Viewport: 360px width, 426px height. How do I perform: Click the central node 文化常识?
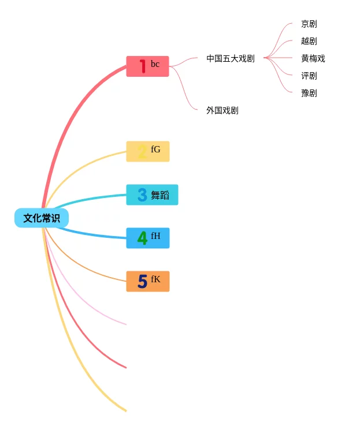(42, 218)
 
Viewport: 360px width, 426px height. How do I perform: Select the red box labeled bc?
(148, 66)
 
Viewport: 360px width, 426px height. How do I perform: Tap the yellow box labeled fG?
(148, 151)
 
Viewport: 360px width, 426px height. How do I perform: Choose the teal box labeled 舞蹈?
(153, 195)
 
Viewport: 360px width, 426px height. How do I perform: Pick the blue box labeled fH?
(148, 238)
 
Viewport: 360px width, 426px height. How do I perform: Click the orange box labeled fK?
(148, 281)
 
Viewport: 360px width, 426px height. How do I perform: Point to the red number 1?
(142, 66)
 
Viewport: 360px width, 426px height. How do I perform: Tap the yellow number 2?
(142, 152)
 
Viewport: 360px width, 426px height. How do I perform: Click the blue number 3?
(142, 195)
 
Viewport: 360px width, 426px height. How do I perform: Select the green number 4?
(142, 238)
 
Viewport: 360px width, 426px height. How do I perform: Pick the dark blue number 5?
(142, 282)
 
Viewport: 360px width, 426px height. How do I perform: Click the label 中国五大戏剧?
(230, 58)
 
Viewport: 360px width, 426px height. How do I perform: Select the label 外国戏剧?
(222, 110)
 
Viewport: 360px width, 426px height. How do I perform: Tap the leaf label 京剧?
(309, 24)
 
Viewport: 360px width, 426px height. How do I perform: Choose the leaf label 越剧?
(309, 41)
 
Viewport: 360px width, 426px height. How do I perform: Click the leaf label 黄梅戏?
(313, 58)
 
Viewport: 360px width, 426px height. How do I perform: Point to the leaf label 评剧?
(309, 76)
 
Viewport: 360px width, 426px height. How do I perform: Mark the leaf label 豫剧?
(309, 93)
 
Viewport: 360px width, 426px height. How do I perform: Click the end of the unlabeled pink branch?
(125, 324)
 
